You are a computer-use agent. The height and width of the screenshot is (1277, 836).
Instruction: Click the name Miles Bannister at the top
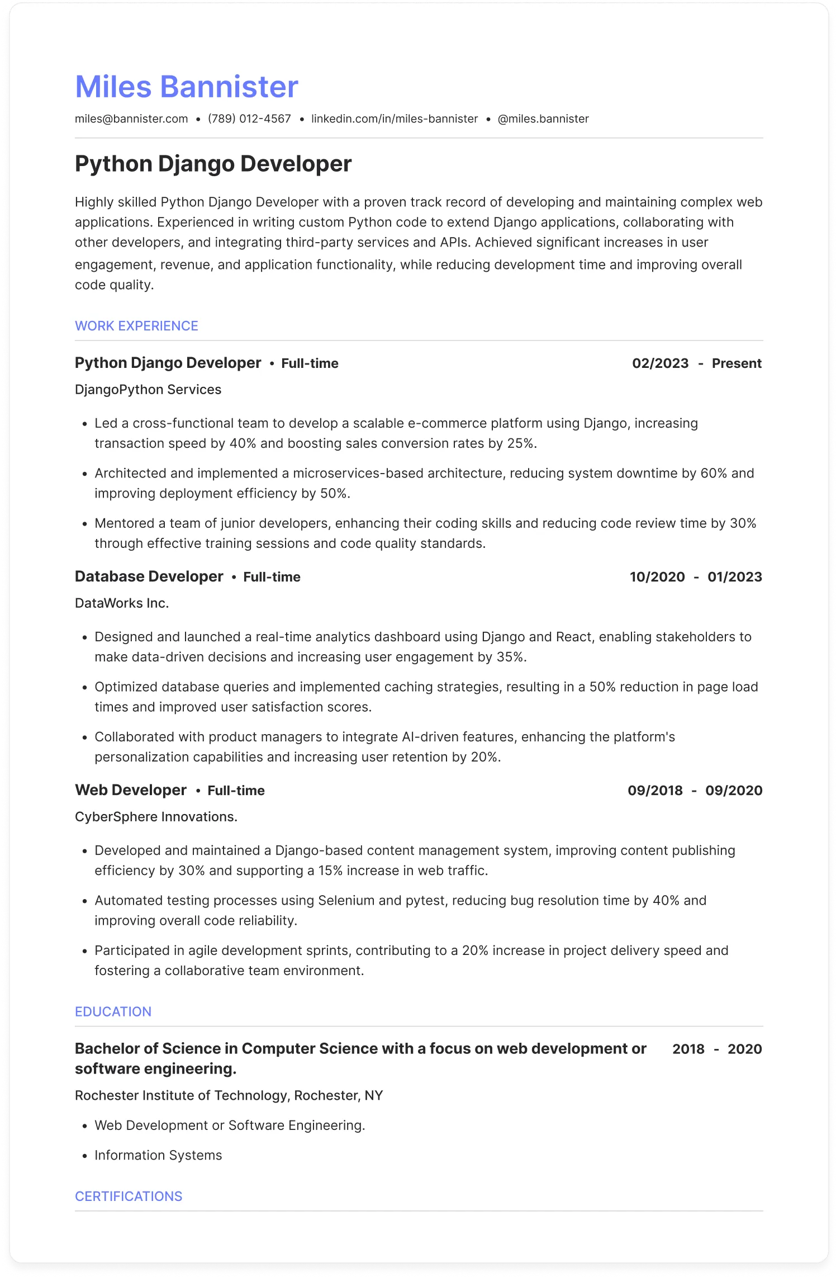tap(187, 87)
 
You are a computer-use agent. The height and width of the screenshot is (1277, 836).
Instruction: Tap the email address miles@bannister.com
tap(131, 119)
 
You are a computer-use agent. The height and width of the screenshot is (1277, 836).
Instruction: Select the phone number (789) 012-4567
tap(249, 119)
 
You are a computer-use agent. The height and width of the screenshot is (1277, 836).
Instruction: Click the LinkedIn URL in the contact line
tap(395, 119)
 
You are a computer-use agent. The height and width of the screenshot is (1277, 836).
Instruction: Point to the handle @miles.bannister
tap(543, 119)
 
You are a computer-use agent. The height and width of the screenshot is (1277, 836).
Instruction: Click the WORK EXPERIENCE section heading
tap(136, 326)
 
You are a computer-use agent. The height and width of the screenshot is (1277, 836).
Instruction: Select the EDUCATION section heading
tap(113, 1011)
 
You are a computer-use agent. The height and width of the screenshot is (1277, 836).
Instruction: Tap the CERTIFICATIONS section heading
tap(129, 1196)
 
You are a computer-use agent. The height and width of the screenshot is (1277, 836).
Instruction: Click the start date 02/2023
tap(660, 363)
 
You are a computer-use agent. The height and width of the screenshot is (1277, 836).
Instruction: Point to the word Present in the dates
tap(737, 363)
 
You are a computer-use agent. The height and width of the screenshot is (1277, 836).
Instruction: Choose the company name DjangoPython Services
tap(148, 390)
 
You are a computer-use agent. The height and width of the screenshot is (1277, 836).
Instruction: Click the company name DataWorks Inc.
tap(122, 603)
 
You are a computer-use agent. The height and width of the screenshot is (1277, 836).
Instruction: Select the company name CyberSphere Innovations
tap(156, 817)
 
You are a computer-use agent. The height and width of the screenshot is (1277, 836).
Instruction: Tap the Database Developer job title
tap(149, 576)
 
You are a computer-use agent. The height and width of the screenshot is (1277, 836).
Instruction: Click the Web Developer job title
tap(131, 790)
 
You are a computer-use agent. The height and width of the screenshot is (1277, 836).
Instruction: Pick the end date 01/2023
tap(734, 577)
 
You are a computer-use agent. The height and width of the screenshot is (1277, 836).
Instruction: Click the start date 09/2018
tap(655, 791)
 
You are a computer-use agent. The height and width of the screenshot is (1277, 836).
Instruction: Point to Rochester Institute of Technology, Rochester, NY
tap(229, 1095)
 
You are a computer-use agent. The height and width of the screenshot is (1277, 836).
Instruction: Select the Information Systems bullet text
tap(158, 1155)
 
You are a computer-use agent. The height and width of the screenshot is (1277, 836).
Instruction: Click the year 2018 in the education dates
tap(688, 1049)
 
